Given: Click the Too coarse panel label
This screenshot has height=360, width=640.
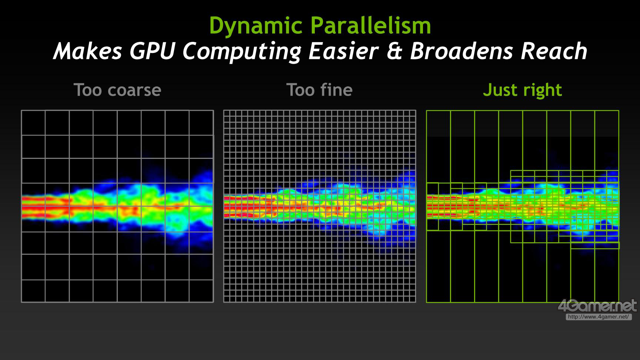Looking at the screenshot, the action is pos(117,90).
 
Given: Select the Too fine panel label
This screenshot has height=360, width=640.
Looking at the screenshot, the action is pos(320,90).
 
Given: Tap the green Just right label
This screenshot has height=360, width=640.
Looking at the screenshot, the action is pos(523,90).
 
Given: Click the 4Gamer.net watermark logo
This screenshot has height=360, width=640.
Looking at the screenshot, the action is pos(597,306).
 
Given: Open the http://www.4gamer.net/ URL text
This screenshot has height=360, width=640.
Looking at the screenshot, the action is pos(598,317).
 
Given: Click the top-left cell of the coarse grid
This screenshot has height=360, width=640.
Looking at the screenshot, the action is pos(33,123).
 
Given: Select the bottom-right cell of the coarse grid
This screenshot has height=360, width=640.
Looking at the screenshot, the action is pos(201,291).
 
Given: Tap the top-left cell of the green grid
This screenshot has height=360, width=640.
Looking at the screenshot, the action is pos(439,146).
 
